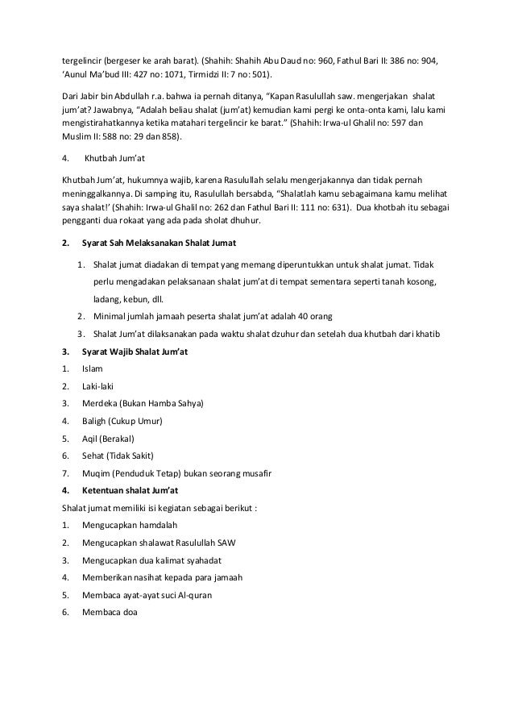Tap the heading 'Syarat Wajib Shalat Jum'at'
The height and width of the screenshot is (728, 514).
[135, 351]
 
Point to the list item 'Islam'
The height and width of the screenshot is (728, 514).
[92, 368]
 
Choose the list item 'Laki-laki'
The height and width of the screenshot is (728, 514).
[97, 385]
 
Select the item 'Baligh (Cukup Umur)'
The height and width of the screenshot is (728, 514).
[122, 420]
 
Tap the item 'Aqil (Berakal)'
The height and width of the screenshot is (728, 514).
[108, 438]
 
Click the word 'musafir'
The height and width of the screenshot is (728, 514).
[255, 472]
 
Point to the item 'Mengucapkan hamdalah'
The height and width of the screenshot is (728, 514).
[129, 525]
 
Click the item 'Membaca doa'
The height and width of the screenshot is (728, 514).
[110, 613]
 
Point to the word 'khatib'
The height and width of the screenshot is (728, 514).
[422, 334]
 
